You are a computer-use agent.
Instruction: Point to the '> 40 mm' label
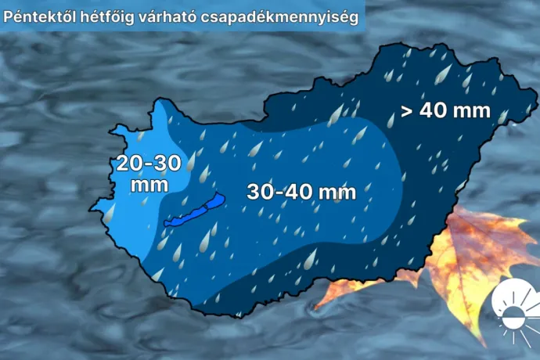[x=445, y=110]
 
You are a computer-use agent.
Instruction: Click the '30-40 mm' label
[x=301, y=191]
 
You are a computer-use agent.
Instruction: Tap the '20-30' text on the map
[x=149, y=164]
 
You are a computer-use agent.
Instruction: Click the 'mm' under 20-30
[x=149, y=185]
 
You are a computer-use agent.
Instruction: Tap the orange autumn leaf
[x=462, y=258]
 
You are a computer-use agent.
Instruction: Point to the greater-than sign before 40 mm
[x=407, y=110]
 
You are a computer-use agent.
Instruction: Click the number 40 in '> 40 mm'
[x=435, y=110]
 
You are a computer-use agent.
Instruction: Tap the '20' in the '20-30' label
[x=130, y=164]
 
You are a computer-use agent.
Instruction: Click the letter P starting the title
[x=9, y=16]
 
